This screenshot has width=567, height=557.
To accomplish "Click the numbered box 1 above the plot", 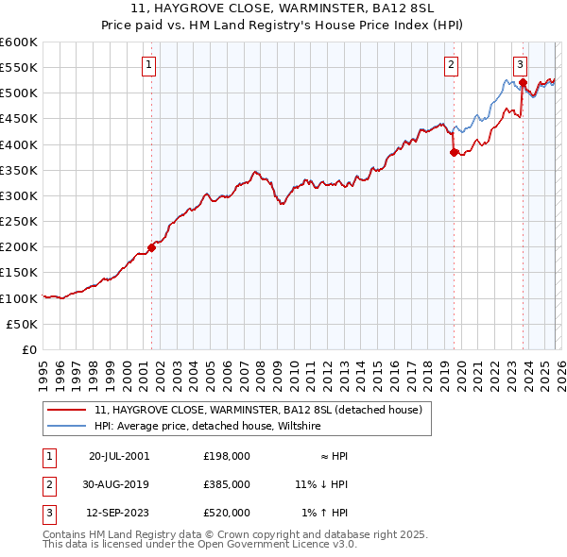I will (150, 65).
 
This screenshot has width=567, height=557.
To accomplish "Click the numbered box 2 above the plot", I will (452, 65).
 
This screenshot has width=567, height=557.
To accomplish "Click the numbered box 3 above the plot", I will (520, 65).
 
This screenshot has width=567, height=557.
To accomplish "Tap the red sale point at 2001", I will (151, 248).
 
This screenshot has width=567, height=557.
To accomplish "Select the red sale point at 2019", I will (454, 152).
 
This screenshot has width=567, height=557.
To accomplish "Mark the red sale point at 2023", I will (523, 82).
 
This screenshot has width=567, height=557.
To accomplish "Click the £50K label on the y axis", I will (22, 324).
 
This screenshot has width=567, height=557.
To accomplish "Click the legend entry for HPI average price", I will (208, 427).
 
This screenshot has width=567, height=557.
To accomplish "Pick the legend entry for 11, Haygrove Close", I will (264, 410).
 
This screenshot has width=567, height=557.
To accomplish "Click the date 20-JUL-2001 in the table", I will (119, 456).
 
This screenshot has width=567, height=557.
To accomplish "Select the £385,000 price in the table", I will (227, 484).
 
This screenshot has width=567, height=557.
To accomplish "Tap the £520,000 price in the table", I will (227, 513).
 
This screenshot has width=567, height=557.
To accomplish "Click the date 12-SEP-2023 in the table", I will (119, 513).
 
